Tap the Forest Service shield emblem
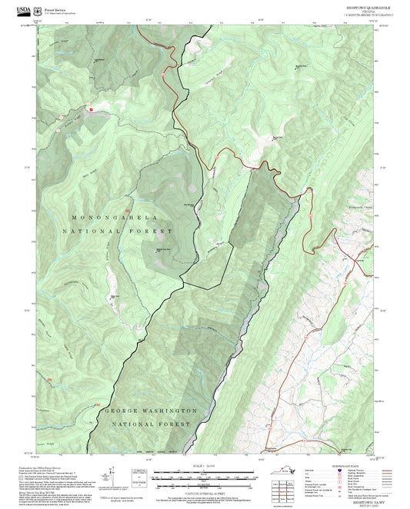[37, 11]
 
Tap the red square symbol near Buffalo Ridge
[90, 111]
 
